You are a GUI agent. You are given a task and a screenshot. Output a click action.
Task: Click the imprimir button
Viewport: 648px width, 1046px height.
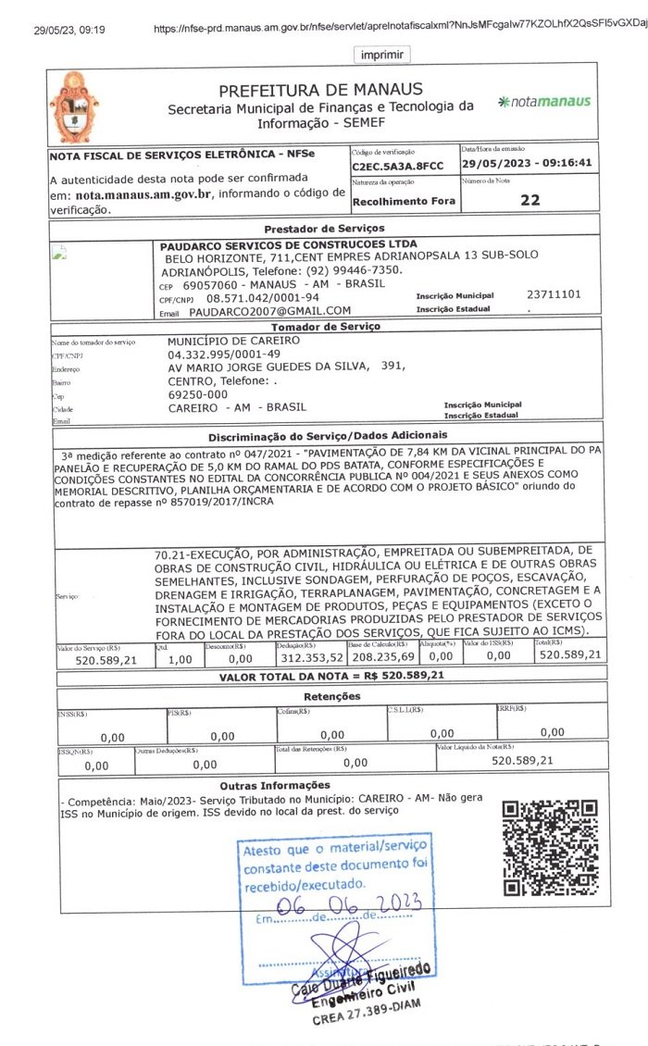381,56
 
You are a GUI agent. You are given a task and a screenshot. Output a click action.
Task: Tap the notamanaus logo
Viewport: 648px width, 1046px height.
543,101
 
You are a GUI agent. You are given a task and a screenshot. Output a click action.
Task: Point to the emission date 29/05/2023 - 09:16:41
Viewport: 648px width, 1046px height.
526,164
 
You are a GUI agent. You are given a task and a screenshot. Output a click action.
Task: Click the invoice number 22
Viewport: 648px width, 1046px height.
530,199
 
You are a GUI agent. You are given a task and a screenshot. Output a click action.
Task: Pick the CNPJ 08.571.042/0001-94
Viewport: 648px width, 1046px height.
262,298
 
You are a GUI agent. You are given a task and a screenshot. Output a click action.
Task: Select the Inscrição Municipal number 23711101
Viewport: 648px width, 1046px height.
554,294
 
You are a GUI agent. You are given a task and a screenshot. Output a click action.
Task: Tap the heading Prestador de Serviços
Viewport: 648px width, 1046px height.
323,228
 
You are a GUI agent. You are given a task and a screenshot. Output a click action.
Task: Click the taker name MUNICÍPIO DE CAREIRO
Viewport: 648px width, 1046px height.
233,341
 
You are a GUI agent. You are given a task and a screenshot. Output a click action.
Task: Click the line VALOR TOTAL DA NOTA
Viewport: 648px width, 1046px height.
331,676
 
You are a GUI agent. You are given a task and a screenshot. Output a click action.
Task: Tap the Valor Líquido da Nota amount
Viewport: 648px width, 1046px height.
522,760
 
